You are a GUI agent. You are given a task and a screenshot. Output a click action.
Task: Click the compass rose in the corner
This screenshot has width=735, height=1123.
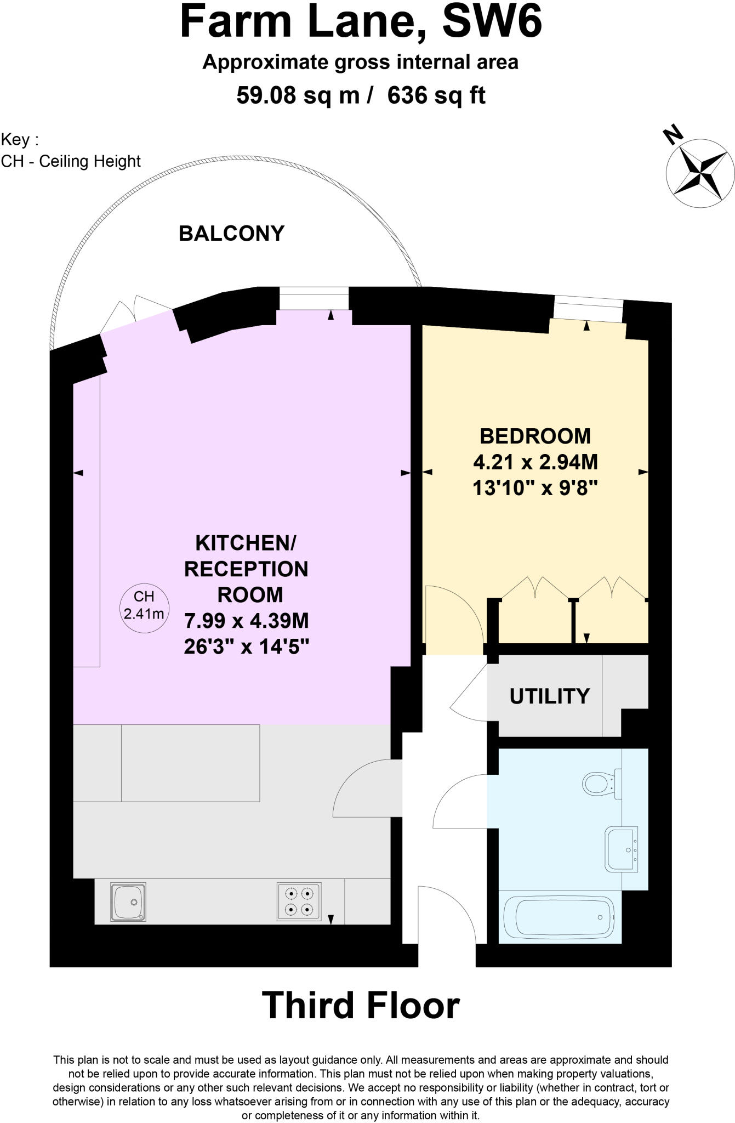[x=700, y=172]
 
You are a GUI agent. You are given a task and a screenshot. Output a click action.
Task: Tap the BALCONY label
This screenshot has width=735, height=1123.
[x=231, y=234]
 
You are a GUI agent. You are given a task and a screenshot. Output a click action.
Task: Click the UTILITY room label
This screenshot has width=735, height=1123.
[x=549, y=696]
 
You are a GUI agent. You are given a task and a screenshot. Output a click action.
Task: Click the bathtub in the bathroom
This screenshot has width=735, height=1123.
[x=559, y=917]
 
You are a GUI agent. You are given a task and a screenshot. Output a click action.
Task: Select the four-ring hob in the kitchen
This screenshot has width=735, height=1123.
[x=299, y=901]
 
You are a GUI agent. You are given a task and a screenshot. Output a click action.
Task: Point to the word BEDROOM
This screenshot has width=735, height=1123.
[x=535, y=436]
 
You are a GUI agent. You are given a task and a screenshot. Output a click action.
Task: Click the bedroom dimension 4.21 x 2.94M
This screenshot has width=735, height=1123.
[x=535, y=462]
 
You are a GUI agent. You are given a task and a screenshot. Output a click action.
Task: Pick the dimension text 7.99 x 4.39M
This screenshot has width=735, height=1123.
[x=247, y=621]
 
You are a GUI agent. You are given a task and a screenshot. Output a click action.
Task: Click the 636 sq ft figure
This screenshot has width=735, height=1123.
[x=436, y=96]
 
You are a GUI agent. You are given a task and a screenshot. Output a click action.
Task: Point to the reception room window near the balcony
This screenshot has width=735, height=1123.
[x=314, y=298]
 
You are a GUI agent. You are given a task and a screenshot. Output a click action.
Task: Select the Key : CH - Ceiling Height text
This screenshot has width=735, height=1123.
[x=71, y=151]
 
